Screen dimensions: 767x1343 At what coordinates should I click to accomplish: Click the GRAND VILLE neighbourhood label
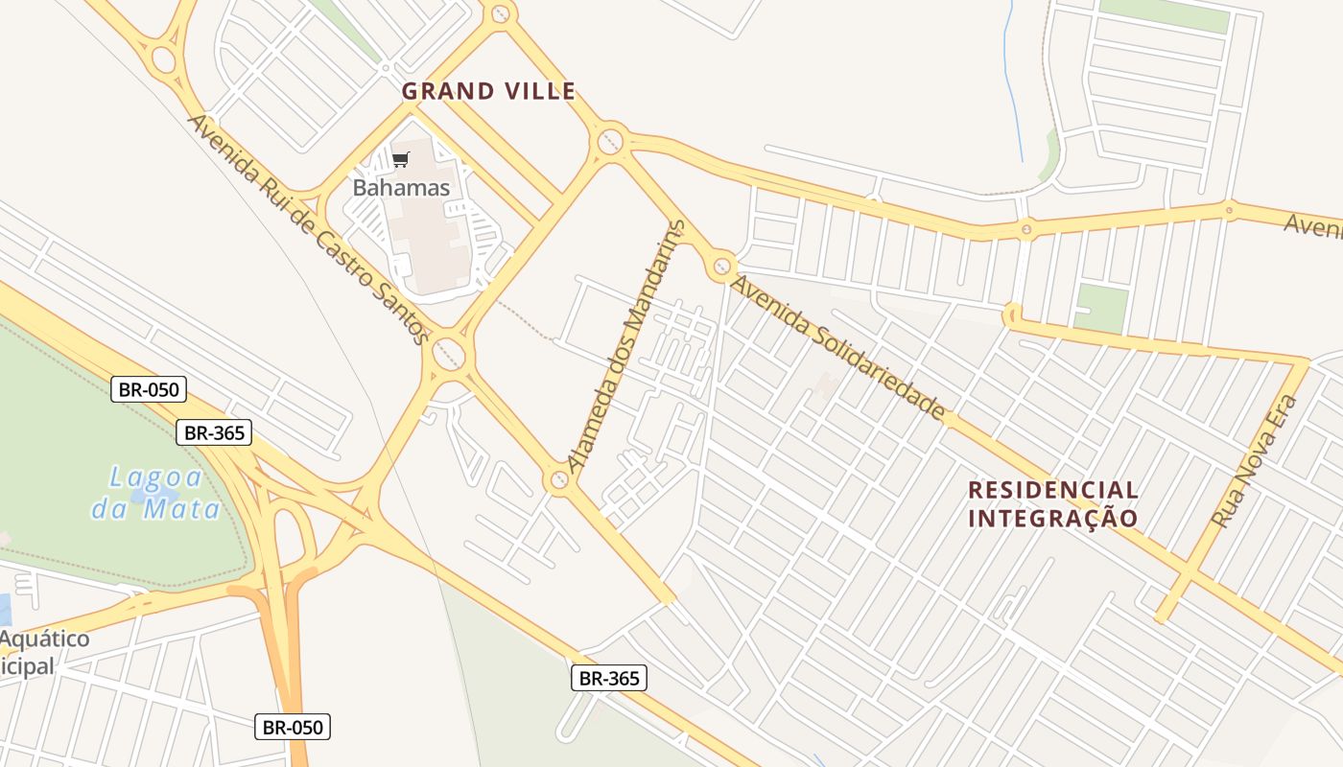[488, 91]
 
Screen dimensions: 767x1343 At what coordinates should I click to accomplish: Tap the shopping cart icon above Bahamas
[401, 159]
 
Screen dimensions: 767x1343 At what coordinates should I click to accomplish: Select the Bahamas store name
[401, 187]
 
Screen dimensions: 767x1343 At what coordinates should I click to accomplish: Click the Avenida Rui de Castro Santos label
[308, 229]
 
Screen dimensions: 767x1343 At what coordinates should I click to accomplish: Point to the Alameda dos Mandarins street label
[627, 346]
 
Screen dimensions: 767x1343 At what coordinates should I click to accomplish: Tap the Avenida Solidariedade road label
[837, 347]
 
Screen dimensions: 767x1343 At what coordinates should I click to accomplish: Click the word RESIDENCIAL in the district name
[1052, 490]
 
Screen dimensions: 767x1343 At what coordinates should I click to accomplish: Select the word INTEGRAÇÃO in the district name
[1052, 519]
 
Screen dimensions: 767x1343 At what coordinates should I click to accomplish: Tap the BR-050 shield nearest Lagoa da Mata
[149, 389]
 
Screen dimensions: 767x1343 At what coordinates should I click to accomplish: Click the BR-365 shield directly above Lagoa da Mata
[214, 432]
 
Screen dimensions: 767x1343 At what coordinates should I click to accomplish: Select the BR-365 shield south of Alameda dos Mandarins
[609, 678]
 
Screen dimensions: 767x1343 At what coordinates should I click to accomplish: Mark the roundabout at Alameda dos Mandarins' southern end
[558, 479]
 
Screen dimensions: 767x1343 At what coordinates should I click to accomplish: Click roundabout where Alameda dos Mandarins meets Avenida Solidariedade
[721, 267]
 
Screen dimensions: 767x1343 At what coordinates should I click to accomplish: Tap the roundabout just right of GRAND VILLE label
[610, 142]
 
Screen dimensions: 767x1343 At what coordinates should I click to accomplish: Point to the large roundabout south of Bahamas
[448, 354]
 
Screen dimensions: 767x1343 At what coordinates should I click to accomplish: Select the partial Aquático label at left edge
[44, 639]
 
